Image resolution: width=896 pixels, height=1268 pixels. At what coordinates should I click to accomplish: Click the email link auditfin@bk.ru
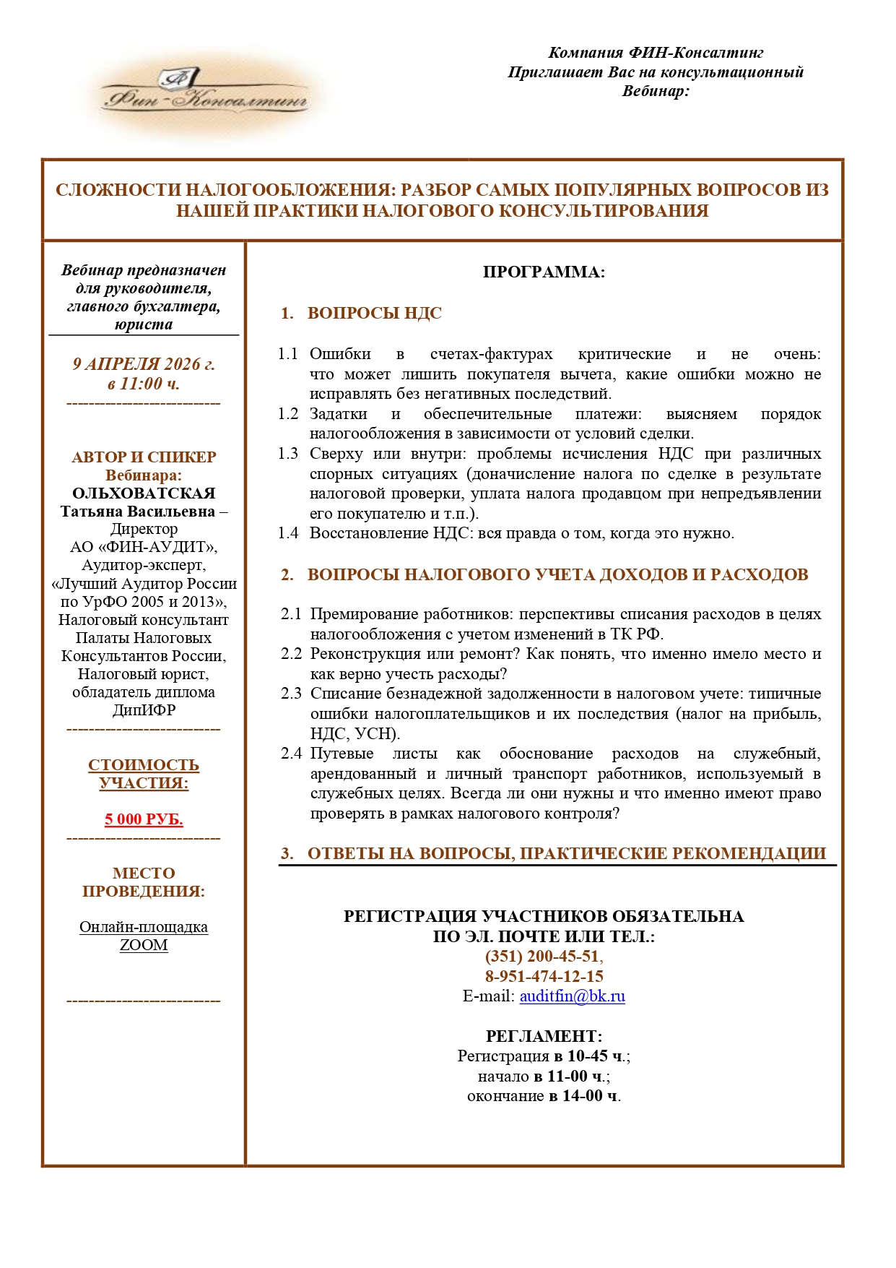[x=572, y=996]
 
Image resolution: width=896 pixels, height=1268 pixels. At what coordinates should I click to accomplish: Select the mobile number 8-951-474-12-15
[x=544, y=976]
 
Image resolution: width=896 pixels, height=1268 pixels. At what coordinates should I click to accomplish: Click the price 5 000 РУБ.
[x=144, y=819]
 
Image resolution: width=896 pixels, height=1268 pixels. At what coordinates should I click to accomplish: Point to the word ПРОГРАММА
[x=543, y=272]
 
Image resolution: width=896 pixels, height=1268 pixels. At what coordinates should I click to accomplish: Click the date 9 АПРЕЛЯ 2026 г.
[x=144, y=364]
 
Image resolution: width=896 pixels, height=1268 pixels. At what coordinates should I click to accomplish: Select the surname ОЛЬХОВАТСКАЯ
[x=144, y=493]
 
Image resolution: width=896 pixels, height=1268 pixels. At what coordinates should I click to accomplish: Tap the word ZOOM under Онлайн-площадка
[x=144, y=945]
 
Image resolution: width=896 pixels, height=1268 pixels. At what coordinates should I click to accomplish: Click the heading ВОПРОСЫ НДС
[x=374, y=314]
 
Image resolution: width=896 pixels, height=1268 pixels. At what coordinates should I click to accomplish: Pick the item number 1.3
[x=288, y=454]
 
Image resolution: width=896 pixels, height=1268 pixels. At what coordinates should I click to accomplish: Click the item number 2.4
[x=291, y=754]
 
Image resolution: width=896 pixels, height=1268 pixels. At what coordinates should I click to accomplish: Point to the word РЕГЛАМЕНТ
[x=543, y=1036]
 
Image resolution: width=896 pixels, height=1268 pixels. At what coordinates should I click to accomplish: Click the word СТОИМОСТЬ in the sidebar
[x=144, y=764]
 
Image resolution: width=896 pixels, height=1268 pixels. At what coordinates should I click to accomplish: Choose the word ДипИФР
[x=144, y=710]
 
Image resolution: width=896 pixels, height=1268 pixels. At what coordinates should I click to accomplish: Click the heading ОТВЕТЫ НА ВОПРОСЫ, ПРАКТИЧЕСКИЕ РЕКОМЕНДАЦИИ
[x=566, y=853]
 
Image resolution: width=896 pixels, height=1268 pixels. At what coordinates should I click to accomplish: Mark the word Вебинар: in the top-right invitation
[x=656, y=91]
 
